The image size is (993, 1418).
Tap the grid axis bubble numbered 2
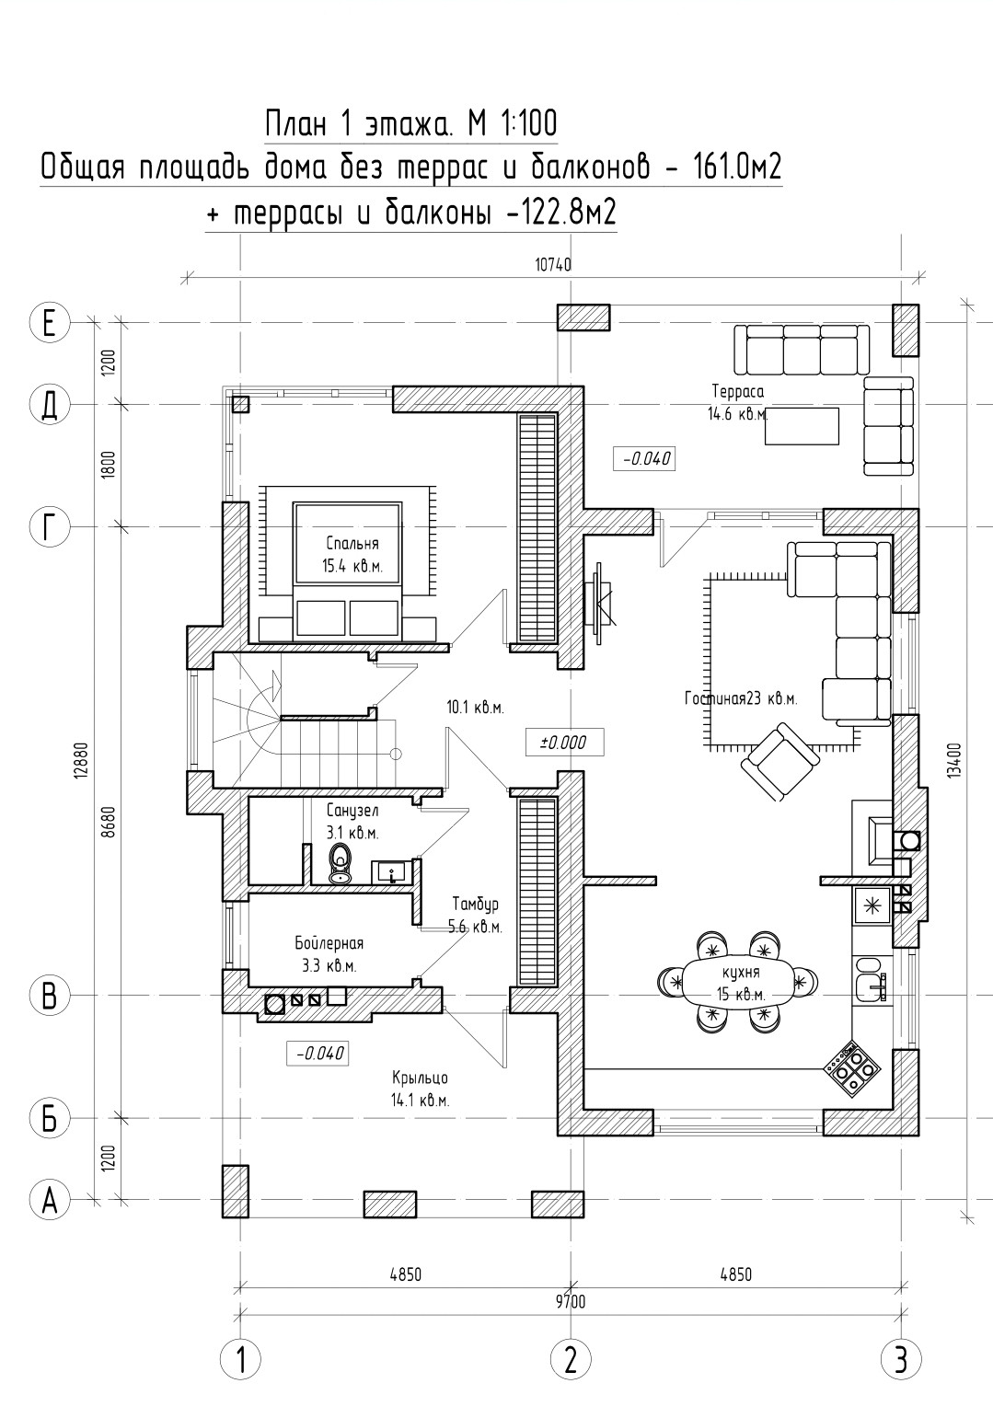(571, 1358)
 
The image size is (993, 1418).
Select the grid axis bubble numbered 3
(900, 1358)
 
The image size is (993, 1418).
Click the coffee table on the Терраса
(802, 426)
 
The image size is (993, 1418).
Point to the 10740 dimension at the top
(553, 264)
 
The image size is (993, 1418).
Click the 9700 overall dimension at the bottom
(571, 1302)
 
